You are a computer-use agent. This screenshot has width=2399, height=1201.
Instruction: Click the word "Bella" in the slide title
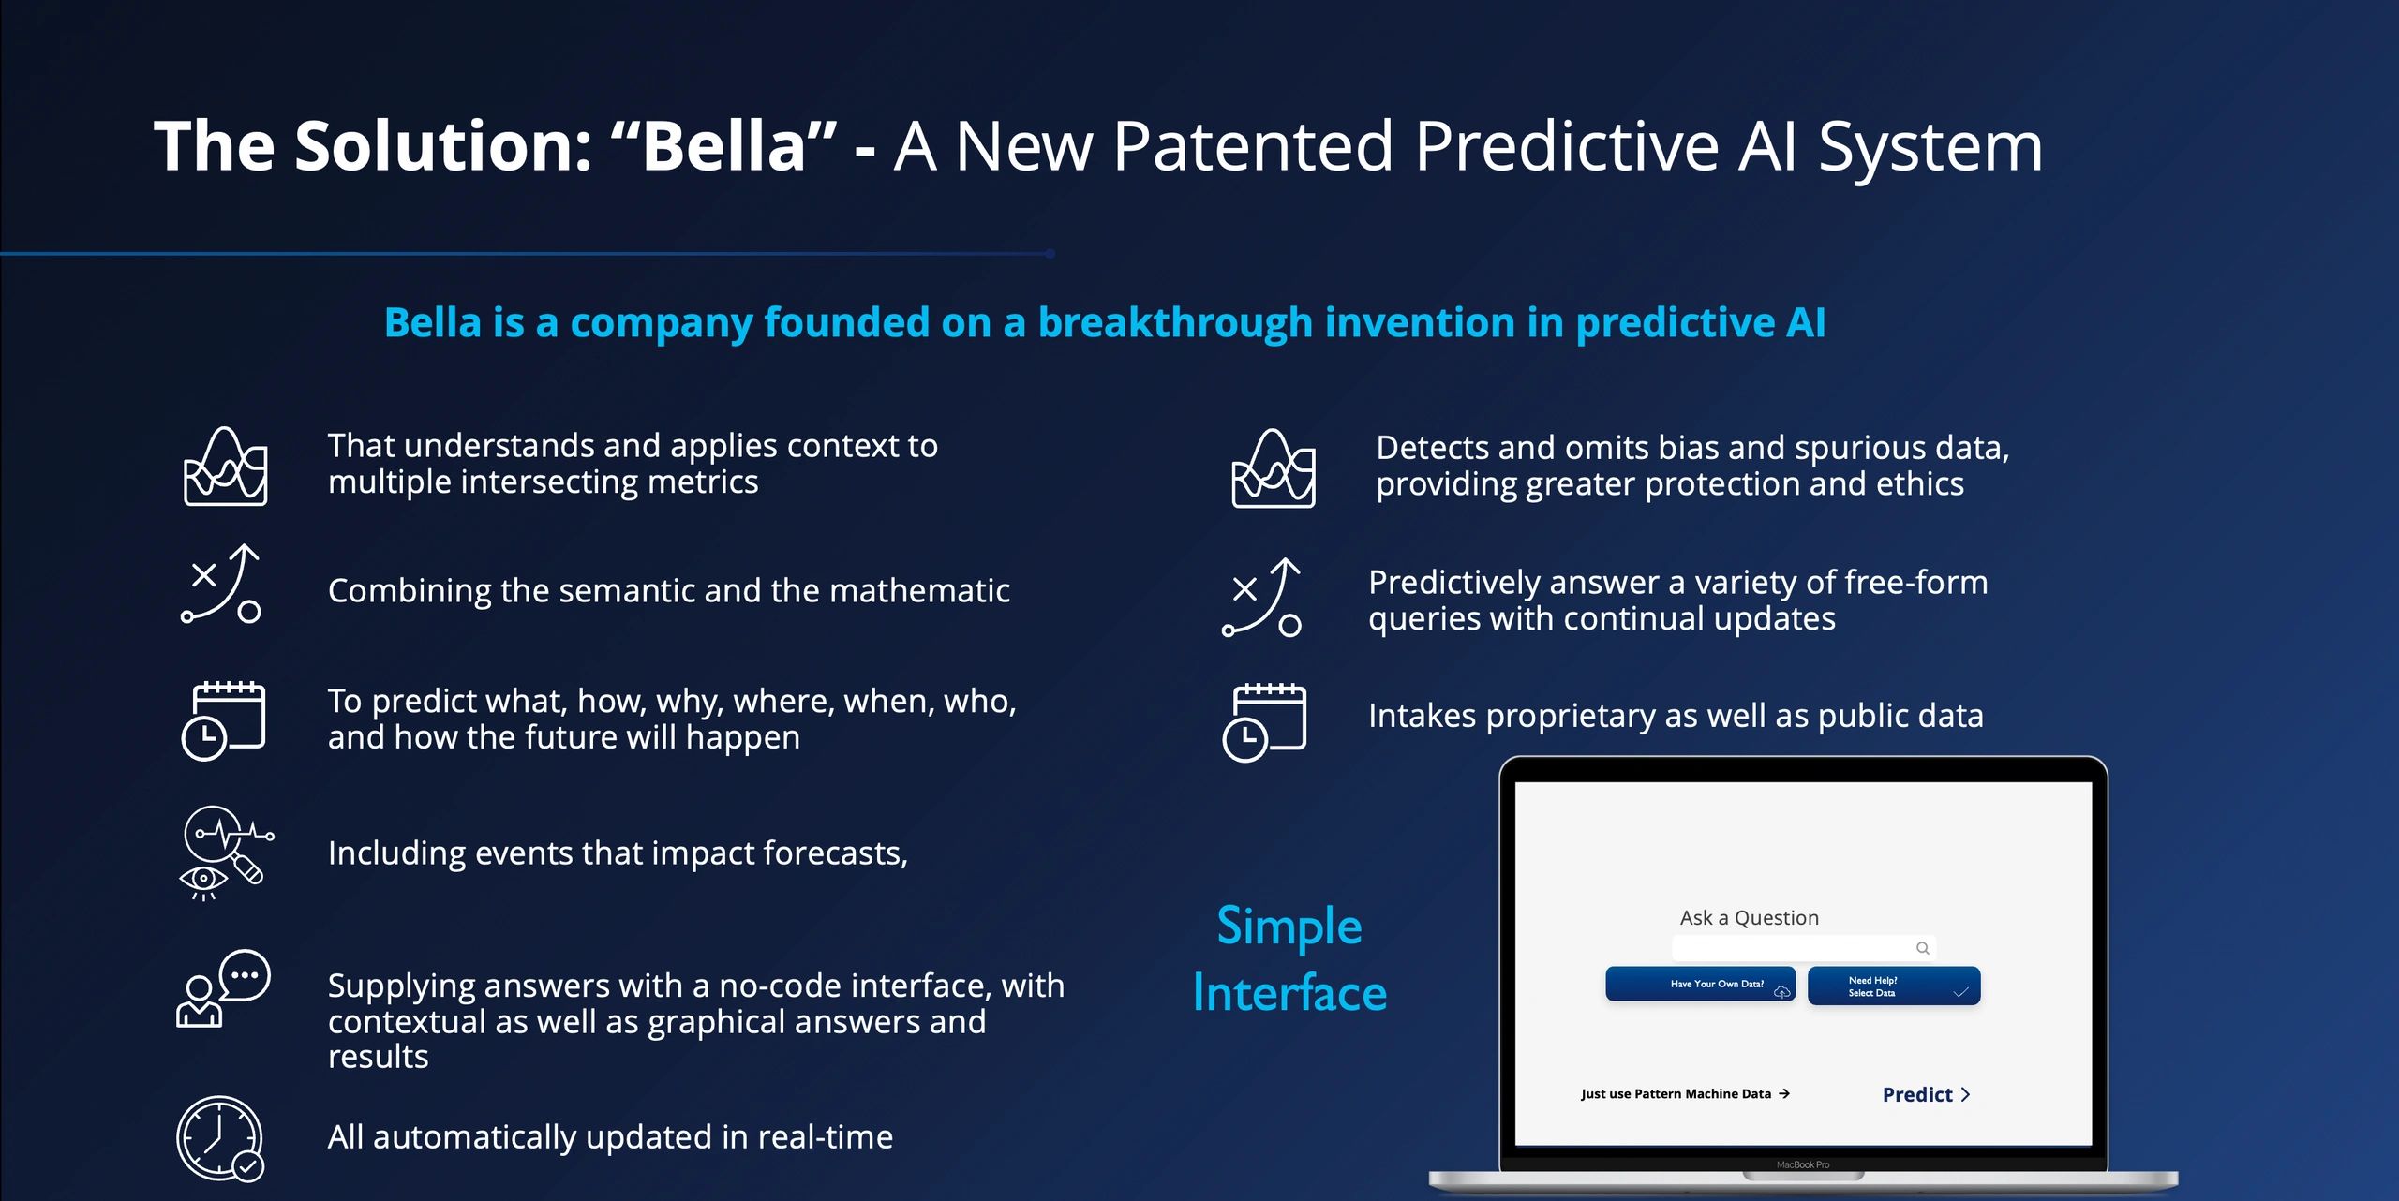pyautogui.click(x=724, y=146)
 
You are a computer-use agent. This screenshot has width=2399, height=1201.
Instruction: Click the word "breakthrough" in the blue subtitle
pyautogui.click(x=1175, y=322)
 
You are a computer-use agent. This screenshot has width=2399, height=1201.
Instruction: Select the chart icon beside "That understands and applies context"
pyautogui.click(x=225, y=466)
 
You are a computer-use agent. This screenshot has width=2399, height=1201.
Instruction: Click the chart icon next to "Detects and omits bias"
pyautogui.click(x=1274, y=467)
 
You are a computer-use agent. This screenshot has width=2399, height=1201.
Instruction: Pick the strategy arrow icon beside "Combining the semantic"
pyautogui.click(x=221, y=584)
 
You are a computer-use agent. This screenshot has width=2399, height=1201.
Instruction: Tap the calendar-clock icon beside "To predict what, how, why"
pyautogui.click(x=223, y=720)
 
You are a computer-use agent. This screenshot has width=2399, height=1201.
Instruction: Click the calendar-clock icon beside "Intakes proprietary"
pyautogui.click(x=1264, y=722)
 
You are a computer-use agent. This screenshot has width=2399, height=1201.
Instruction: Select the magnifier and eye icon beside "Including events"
pyautogui.click(x=226, y=853)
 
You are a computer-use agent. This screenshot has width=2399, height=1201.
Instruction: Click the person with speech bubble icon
pyautogui.click(x=223, y=988)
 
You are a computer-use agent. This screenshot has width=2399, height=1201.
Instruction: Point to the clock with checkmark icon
pyautogui.click(x=220, y=1138)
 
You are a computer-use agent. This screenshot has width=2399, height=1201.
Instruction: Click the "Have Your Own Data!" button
pyautogui.click(x=1700, y=984)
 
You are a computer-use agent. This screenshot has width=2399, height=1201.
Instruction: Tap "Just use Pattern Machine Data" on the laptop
pyautogui.click(x=1685, y=1093)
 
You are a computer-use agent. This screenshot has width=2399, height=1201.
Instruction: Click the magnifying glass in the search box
pyautogui.click(x=1922, y=948)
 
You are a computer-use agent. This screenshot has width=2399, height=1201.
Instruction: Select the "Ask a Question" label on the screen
pyautogui.click(x=1749, y=917)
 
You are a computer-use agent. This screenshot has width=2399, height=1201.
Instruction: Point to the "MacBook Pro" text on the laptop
pyautogui.click(x=1802, y=1164)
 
